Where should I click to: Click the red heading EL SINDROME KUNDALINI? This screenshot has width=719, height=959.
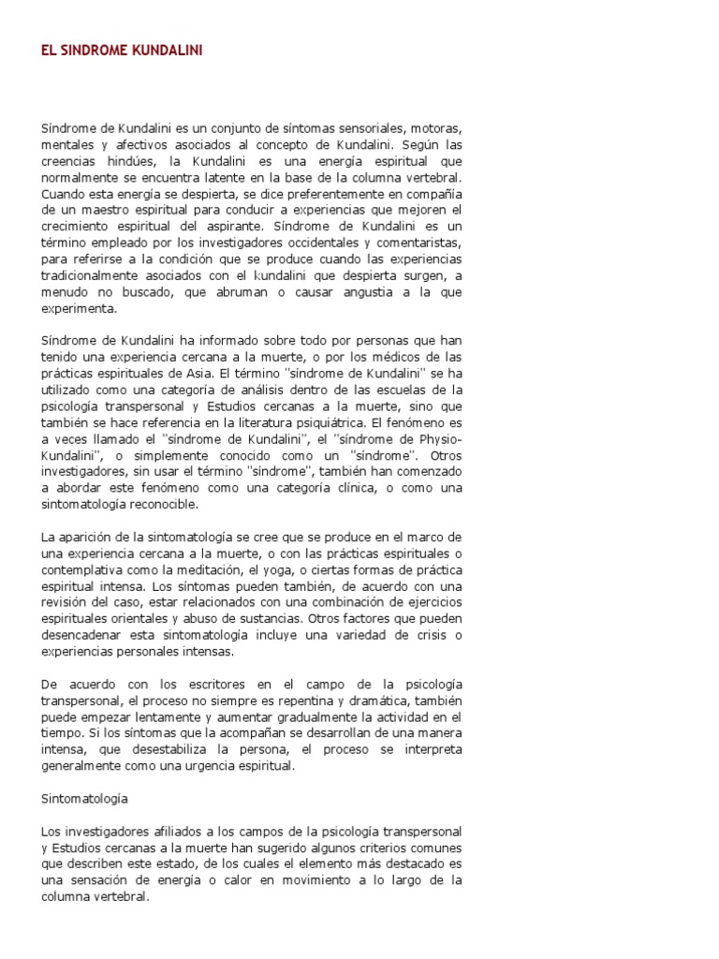pos(122,52)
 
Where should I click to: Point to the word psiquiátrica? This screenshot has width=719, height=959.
pos(321,421)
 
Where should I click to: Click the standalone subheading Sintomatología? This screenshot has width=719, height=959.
pos(84,800)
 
